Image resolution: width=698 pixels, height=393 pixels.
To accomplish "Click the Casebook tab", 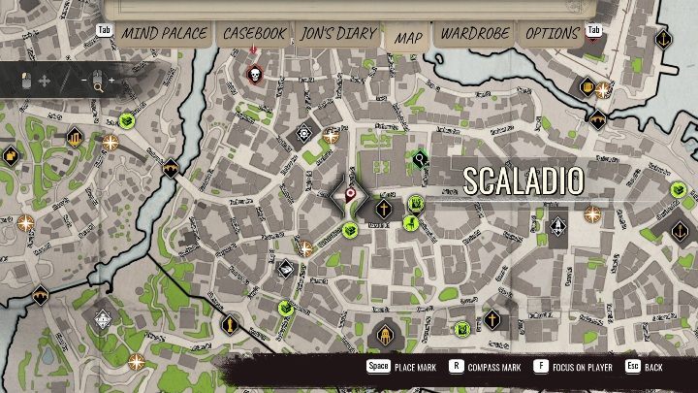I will pyautogui.click(x=255, y=34).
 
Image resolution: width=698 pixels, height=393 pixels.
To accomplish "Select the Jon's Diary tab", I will pyautogui.click(x=336, y=34).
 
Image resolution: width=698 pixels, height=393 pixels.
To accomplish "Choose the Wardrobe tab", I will pyautogui.click(x=475, y=34).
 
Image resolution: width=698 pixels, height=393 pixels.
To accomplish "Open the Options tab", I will pyautogui.click(x=552, y=34).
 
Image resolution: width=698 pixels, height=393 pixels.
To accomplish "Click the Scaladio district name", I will pyautogui.click(x=523, y=180).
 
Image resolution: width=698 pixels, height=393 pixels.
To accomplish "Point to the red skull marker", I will pyautogui.click(x=255, y=74).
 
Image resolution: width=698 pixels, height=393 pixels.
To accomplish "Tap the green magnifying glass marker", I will pyautogui.click(x=420, y=158).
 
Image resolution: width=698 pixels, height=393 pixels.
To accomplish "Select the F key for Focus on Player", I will pyautogui.click(x=540, y=368).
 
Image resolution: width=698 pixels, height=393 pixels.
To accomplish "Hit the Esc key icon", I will pyautogui.click(x=632, y=368).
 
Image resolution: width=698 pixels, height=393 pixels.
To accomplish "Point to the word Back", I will pyautogui.click(x=654, y=369).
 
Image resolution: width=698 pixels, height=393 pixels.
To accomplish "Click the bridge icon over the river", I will pyautogui.click(x=172, y=168).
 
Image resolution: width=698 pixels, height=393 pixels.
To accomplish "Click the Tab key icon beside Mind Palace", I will pyautogui.click(x=105, y=30).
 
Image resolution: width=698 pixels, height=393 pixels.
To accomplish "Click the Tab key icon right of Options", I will pyautogui.click(x=593, y=30).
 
